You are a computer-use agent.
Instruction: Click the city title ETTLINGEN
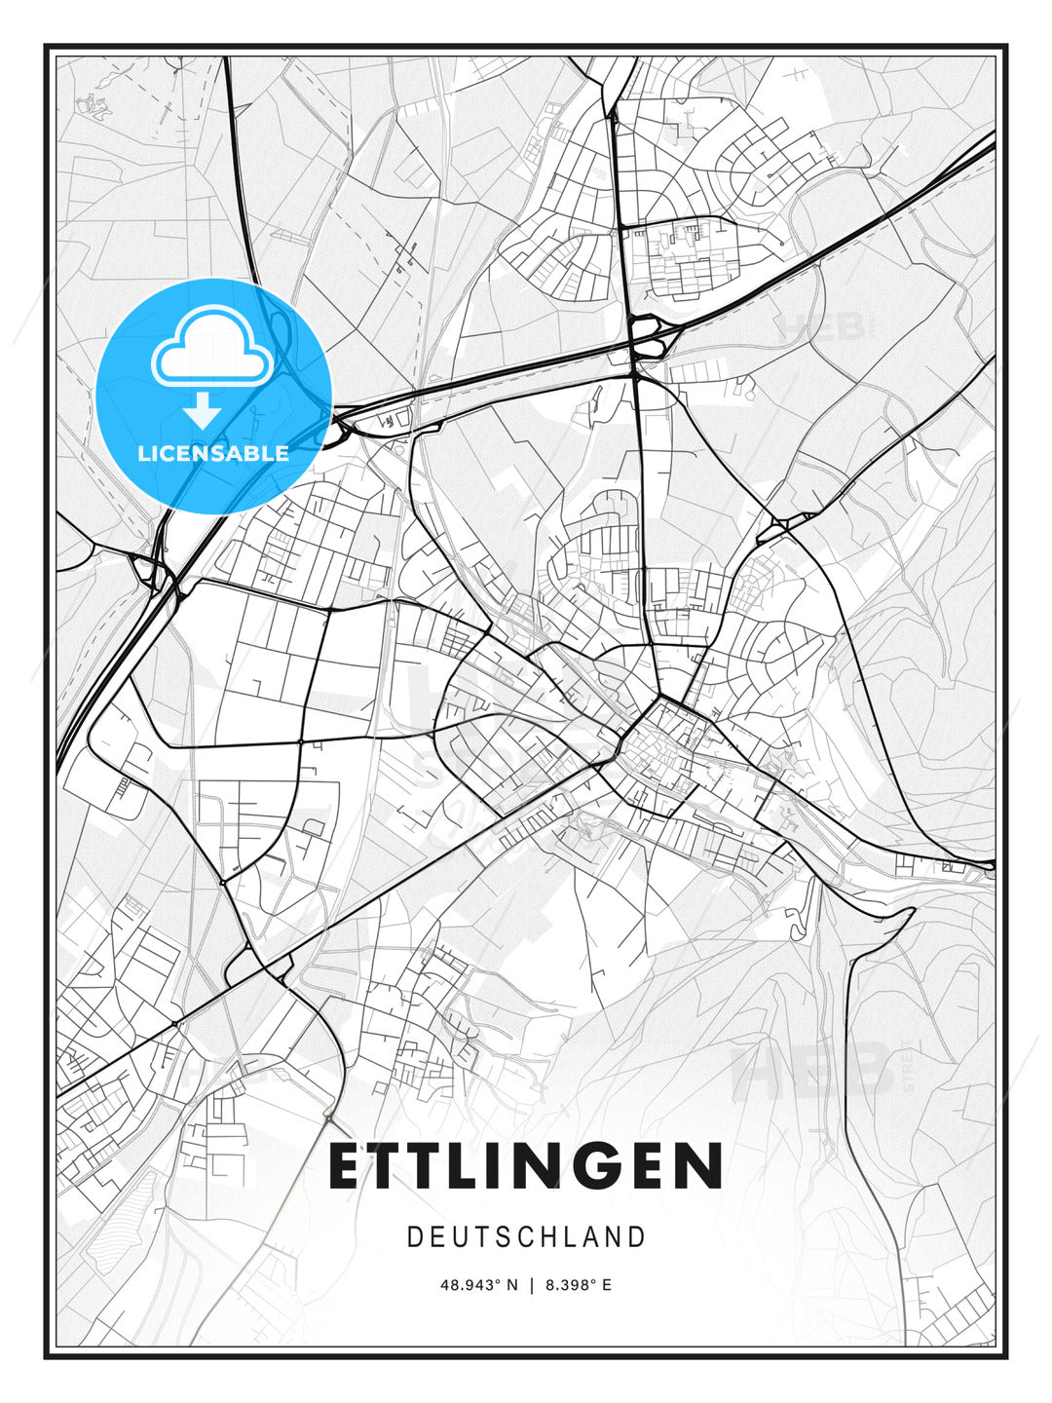525,1166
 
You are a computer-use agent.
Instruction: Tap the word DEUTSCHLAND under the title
526,1237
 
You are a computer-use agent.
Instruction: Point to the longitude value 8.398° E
579,1285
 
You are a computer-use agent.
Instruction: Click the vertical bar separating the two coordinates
532,1285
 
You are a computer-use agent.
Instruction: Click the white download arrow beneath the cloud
203,411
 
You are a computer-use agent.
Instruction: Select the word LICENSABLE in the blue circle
213,453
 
